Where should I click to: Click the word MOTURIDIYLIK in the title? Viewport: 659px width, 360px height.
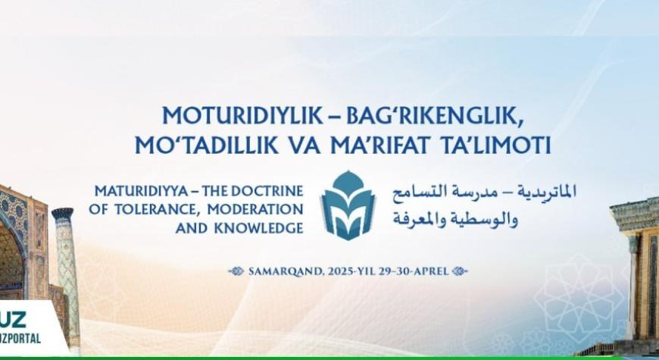tap(242, 115)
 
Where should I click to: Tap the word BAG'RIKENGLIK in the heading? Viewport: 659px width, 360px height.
tap(435, 115)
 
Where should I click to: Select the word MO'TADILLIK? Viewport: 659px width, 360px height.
tap(206, 145)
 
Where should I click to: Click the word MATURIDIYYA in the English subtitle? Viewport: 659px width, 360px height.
tap(141, 191)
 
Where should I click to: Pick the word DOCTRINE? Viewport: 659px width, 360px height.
tap(267, 191)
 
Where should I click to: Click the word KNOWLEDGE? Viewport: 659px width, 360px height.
tap(258, 228)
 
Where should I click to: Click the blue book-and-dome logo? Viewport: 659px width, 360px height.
tap(348, 205)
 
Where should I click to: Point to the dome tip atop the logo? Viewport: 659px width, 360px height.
tap(348, 171)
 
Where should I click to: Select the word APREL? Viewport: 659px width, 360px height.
tap(432, 271)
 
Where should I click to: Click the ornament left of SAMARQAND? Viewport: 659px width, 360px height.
tap(236, 271)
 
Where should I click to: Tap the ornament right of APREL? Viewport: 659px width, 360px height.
tap(460, 271)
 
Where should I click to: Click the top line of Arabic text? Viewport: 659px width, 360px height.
tap(484, 193)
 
